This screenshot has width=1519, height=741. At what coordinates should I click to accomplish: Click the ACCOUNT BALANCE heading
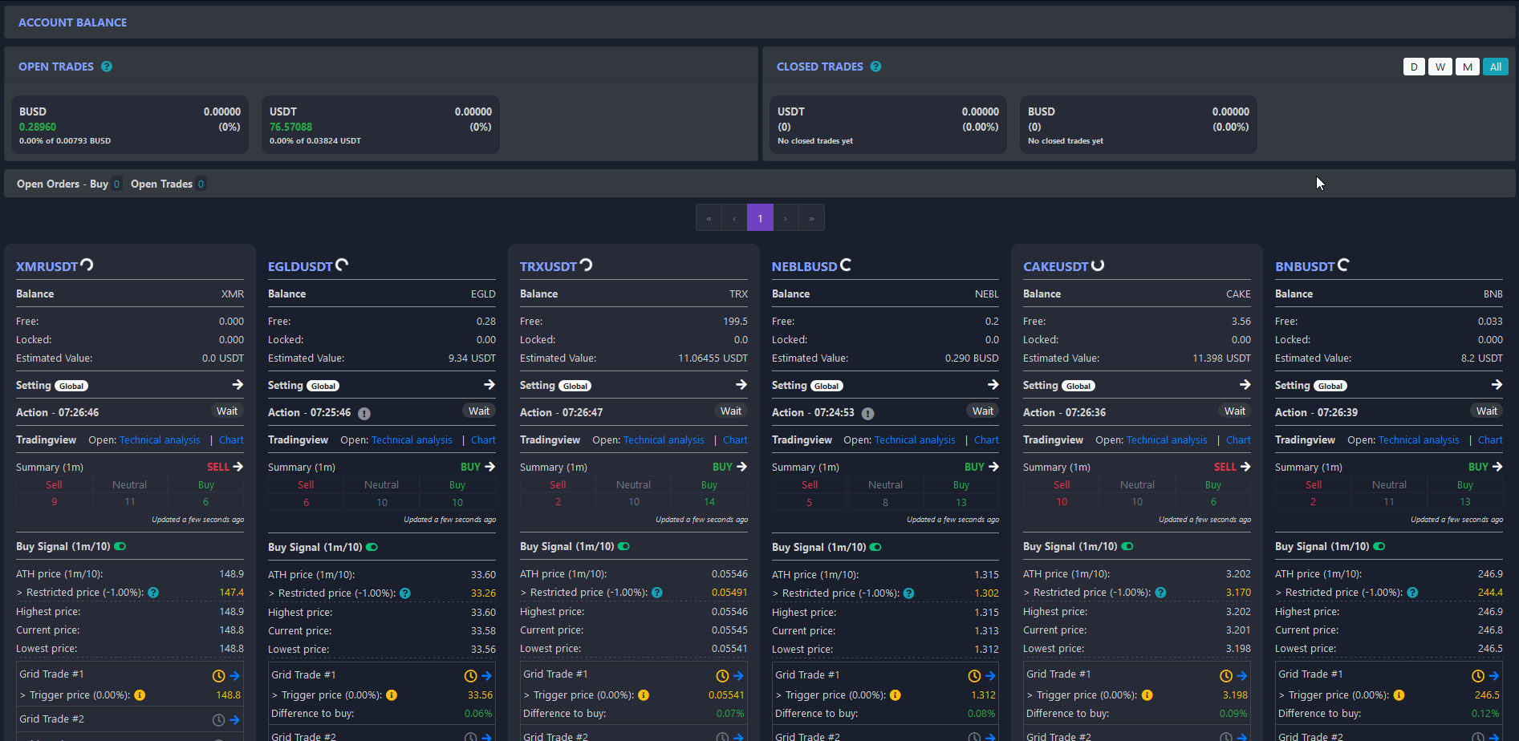pyautogui.click(x=72, y=22)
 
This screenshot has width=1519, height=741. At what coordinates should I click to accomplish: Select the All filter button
pyautogui.click(x=1495, y=67)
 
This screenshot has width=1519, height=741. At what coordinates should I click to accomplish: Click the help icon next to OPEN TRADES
pyautogui.click(x=107, y=67)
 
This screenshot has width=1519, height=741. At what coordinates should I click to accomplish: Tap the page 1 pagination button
pyautogui.click(x=760, y=217)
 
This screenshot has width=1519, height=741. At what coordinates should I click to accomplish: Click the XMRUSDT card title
pyautogui.click(x=47, y=266)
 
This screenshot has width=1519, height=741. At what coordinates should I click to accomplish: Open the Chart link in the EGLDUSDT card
pyautogui.click(x=483, y=440)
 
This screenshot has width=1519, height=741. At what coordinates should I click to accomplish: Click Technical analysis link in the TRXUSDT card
pyautogui.click(x=664, y=440)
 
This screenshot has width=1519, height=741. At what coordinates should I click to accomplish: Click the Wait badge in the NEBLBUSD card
pyautogui.click(x=982, y=411)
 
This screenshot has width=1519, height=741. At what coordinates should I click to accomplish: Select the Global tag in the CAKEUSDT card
pyautogui.click(x=1078, y=386)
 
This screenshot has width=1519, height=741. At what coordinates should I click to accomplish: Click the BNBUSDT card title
pyautogui.click(x=1304, y=266)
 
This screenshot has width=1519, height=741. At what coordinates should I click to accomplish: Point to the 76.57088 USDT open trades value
pyautogui.click(x=290, y=127)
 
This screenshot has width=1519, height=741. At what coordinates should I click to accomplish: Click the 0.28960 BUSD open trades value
pyautogui.click(x=38, y=127)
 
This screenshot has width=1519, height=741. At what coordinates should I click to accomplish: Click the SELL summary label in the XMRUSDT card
pyautogui.click(x=217, y=467)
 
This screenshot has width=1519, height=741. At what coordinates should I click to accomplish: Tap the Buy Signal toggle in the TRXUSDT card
pyautogui.click(x=623, y=546)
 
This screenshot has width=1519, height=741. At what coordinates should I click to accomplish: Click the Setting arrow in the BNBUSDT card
pyautogui.click(x=1496, y=385)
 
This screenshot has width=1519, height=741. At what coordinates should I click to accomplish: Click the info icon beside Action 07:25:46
pyautogui.click(x=364, y=414)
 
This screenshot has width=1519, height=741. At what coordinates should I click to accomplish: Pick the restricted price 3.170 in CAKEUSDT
pyautogui.click(x=1237, y=593)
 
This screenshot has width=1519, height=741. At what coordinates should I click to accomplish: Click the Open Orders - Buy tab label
pyautogui.click(x=63, y=184)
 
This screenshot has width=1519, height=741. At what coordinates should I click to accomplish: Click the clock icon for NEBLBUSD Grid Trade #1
pyautogui.click(x=974, y=676)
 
